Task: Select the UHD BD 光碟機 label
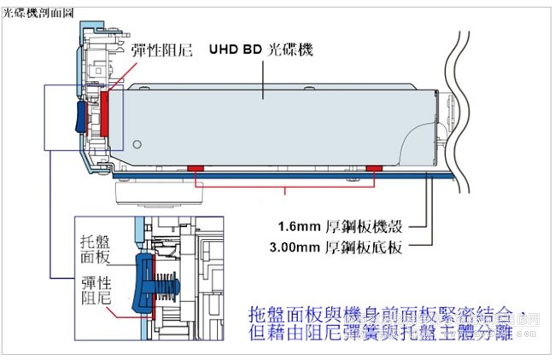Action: [x=260, y=50]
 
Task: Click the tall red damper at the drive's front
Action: [x=106, y=113]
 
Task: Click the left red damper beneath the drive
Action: [x=194, y=167]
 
